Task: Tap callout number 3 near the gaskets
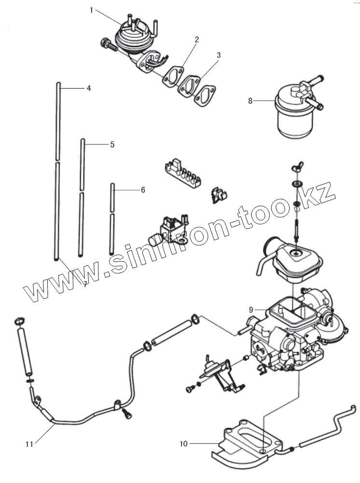tap(219, 55)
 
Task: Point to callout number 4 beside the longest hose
tap(89, 88)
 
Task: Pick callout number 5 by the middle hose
tap(112, 144)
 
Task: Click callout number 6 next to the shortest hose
tap(143, 190)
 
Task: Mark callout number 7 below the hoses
tap(85, 284)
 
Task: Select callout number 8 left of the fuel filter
tap(250, 101)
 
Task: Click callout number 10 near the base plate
tap(183, 442)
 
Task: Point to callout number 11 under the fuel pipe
tap(29, 444)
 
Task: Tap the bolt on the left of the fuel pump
tap(108, 46)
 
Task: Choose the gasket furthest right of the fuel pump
tap(205, 94)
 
